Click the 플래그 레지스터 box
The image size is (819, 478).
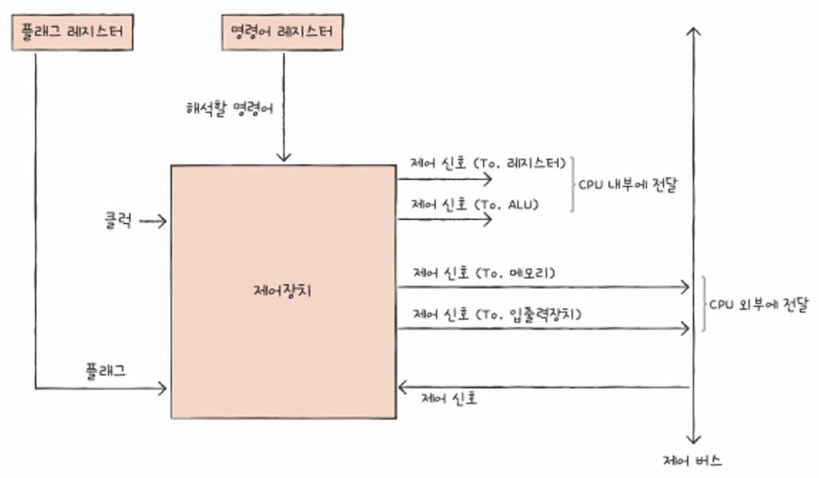coord(73,33)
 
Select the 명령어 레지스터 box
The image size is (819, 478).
coord(283,33)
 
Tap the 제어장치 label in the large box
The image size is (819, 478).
coord(283,291)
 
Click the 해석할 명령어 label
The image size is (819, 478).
coord(228,108)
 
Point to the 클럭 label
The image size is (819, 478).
coord(117,221)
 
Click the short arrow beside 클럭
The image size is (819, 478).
coord(153,222)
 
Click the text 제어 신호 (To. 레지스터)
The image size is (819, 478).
coord(489,163)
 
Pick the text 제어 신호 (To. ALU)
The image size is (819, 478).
coord(474,204)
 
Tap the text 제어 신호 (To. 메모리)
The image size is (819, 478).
coord(484,273)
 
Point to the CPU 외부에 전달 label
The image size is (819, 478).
coord(758,304)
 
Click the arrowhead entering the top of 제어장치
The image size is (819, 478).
coord(283,157)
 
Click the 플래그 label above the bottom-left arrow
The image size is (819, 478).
coord(106,371)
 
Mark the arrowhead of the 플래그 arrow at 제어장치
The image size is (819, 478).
coord(163,389)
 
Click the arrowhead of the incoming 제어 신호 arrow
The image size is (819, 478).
coord(403,387)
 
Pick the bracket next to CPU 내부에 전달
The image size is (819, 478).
coord(572,184)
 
